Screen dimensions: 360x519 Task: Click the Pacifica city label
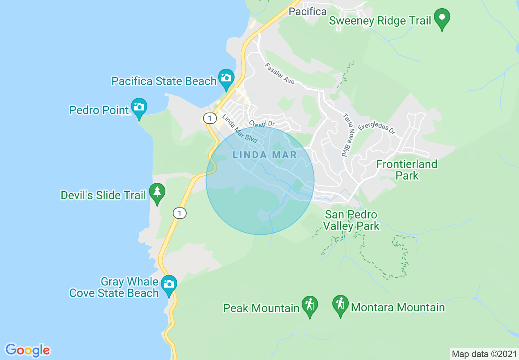click(x=307, y=11)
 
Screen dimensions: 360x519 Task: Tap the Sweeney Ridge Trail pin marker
click(x=442, y=18)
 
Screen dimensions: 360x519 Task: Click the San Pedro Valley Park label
click(x=351, y=220)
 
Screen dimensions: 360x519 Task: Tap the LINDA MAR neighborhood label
click(x=264, y=155)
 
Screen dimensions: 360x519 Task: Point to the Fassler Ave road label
click(x=280, y=74)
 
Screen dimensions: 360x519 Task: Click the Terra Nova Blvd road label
click(x=347, y=135)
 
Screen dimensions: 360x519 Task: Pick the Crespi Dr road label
click(x=262, y=123)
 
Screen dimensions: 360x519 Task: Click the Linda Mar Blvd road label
click(x=239, y=129)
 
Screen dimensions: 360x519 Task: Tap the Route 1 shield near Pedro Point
click(x=210, y=119)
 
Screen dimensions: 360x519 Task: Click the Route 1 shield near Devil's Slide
click(x=180, y=213)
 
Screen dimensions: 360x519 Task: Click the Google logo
click(x=27, y=350)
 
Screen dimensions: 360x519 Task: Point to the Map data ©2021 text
click(x=484, y=353)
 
